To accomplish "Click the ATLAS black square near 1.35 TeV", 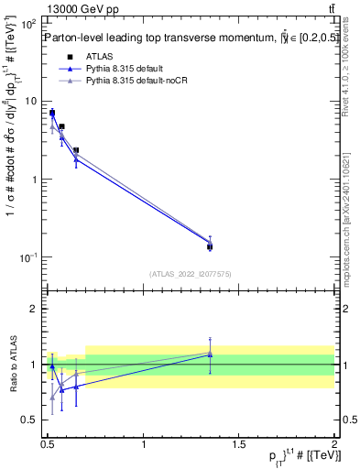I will coord(210,246).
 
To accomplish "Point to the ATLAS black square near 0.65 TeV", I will coord(76,150).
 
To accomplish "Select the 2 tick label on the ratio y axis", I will coord(35,309).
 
